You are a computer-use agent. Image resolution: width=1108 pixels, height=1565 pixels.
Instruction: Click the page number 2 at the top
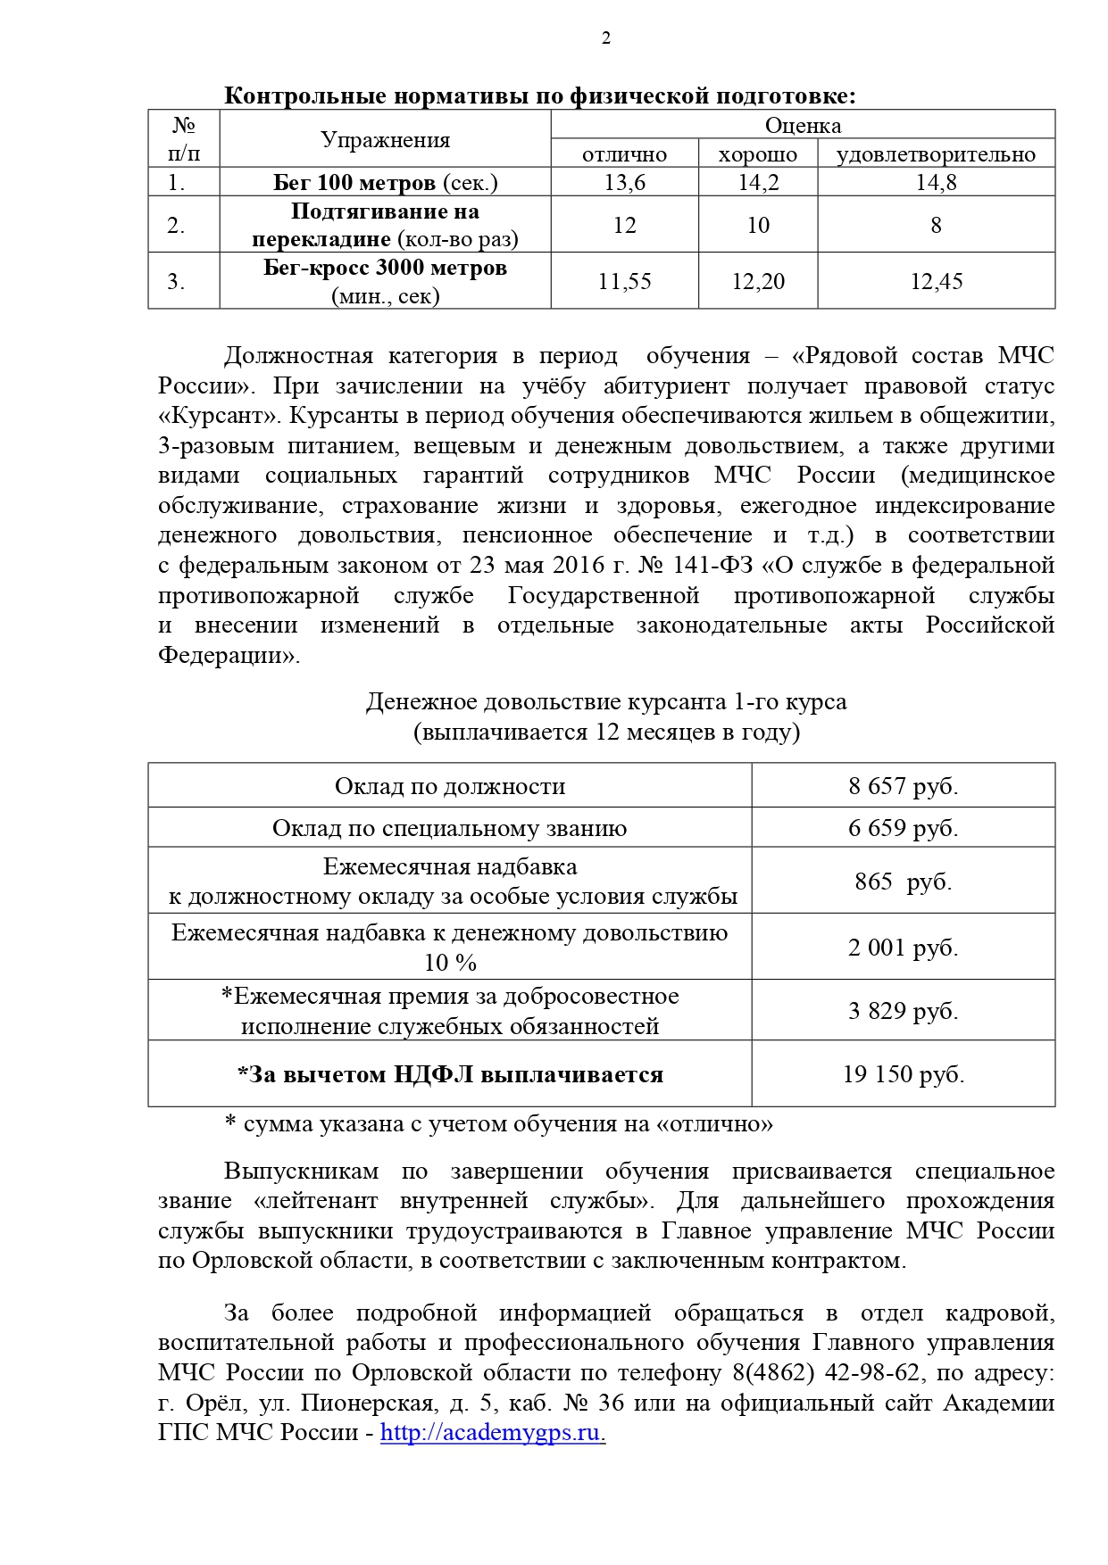tap(605, 38)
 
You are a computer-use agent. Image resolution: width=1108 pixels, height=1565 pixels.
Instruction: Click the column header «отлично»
tap(624, 154)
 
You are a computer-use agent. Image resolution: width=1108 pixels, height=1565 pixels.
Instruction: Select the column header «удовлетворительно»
tap(936, 154)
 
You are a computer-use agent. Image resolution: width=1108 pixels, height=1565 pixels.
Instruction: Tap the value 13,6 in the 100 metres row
tap(624, 183)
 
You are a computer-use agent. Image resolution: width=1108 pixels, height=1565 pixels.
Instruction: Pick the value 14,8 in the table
tap(936, 183)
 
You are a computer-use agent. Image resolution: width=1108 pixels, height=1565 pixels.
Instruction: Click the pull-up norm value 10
tap(757, 225)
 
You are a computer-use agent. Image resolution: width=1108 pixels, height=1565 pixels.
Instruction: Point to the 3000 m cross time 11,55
tap(624, 282)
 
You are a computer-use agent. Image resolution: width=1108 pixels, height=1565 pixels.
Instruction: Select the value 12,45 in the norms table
tap(936, 282)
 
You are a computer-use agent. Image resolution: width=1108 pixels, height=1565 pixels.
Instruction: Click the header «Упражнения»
tap(385, 140)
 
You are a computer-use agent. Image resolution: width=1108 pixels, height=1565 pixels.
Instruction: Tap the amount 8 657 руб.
tap(903, 786)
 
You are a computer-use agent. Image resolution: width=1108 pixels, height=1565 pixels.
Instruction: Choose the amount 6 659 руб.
tap(903, 828)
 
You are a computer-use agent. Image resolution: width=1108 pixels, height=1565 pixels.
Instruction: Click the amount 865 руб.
tap(903, 882)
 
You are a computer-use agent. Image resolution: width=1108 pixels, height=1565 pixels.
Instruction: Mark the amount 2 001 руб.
tap(903, 948)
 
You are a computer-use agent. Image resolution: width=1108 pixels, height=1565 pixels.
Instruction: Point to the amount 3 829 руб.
tap(903, 1011)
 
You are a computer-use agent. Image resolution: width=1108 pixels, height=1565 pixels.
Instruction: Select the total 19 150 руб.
tap(903, 1074)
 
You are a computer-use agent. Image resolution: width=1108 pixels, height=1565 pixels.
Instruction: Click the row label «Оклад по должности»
tap(450, 786)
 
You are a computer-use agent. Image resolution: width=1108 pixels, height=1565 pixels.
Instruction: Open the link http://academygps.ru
tap(492, 1432)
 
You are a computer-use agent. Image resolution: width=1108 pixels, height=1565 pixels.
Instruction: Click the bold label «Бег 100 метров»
tap(354, 183)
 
